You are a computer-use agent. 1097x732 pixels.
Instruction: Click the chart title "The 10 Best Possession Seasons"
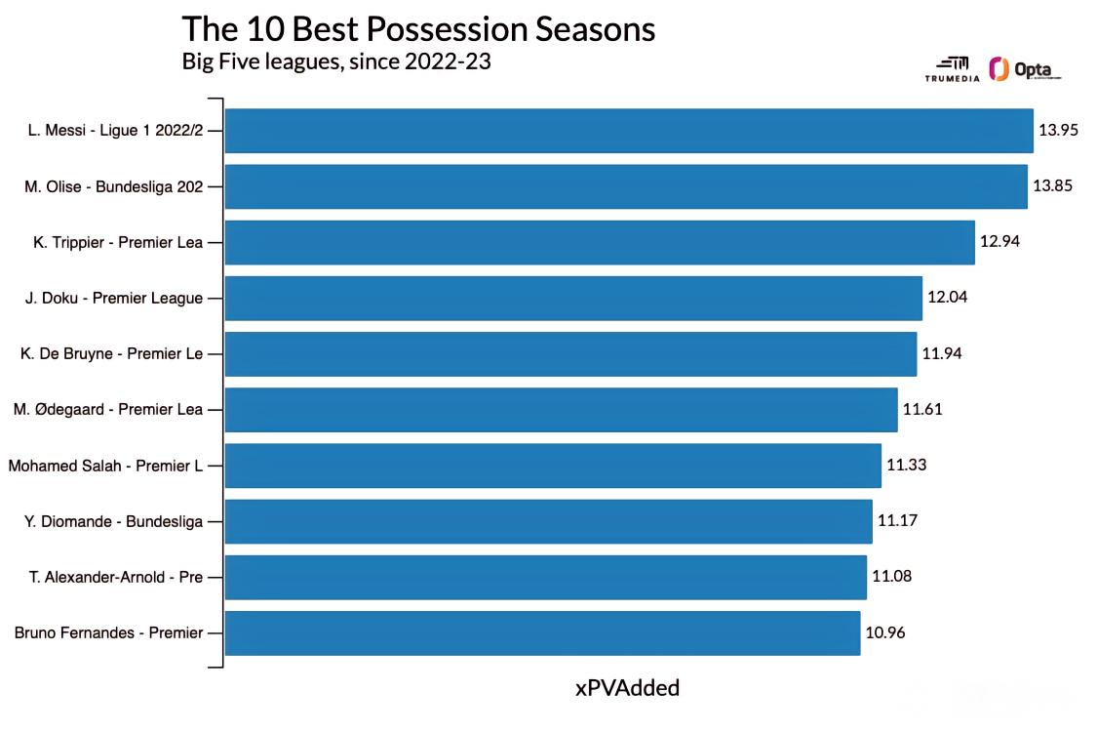(418, 29)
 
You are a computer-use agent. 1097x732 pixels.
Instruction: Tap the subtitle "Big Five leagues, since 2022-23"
(336, 61)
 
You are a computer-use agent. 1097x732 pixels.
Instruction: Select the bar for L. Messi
(629, 130)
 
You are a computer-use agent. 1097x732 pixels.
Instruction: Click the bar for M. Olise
(626, 186)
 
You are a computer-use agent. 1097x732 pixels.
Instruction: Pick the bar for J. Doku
(573, 299)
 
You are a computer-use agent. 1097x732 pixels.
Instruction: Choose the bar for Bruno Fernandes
(543, 633)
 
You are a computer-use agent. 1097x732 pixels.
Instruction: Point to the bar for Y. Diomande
(548, 521)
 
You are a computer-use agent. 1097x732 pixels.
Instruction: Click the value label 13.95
(1059, 130)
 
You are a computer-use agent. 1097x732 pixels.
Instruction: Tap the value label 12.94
(999, 242)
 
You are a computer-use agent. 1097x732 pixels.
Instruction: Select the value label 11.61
(922, 409)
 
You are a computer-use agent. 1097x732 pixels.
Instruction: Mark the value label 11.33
(907, 466)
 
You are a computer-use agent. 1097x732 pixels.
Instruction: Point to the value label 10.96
(885, 633)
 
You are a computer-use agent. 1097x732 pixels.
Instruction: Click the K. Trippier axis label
(118, 242)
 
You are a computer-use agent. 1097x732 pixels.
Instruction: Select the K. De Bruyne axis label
(111, 353)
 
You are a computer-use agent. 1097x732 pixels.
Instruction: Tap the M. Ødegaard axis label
(107, 409)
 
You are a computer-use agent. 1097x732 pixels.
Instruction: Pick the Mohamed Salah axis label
(105, 466)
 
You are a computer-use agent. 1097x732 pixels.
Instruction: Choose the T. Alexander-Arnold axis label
(115, 577)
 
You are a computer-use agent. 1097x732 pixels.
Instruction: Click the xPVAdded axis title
(628, 688)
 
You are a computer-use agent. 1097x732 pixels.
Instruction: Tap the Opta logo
(1025, 69)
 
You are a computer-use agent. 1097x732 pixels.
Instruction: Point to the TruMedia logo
(952, 69)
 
